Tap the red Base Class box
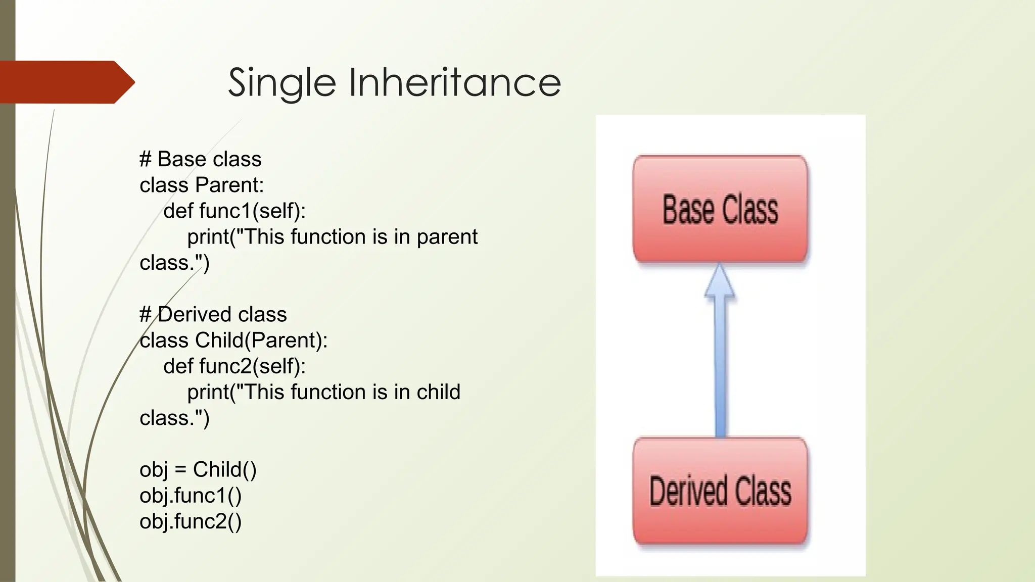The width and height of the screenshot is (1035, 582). click(x=720, y=209)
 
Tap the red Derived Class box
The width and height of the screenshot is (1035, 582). click(x=720, y=491)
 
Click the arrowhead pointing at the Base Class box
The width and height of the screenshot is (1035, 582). click(x=719, y=281)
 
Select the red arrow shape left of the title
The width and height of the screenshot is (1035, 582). click(x=66, y=82)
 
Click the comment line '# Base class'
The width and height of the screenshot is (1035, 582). click(x=200, y=159)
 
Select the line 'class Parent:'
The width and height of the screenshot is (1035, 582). click(x=202, y=185)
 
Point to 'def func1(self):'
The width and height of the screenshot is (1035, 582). click(x=234, y=211)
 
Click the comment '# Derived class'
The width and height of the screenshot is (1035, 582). click(x=213, y=314)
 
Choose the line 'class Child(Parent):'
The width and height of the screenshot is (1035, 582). click(x=233, y=340)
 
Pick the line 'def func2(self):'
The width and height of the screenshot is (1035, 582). click(x=234, y=366)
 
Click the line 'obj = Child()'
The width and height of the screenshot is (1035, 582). click(x=198, y=469)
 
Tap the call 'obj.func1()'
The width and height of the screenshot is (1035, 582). click(x=191, y=495)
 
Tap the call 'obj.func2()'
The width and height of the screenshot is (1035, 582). click(x=191, y=521)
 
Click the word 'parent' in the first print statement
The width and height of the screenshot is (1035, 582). click(x=447, y=237)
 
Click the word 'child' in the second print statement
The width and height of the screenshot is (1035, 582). click(x=438, y=392)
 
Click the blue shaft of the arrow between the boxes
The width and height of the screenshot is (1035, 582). click(x=720, y=369)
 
